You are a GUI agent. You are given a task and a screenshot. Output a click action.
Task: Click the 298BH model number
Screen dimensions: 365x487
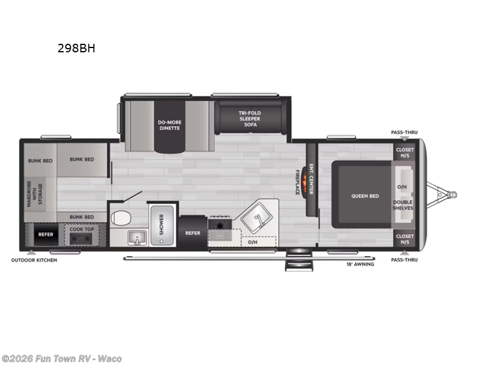pyautogui.click(x=76, y=48)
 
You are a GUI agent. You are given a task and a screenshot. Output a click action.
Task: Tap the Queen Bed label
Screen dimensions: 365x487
pyautogui.click(x=365, y=196)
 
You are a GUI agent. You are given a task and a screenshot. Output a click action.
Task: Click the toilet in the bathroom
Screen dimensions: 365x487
pyautogui.click(x=121, y=217)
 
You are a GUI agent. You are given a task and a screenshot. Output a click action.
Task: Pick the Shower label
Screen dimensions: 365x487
pyautogui.click(x=162, y=224)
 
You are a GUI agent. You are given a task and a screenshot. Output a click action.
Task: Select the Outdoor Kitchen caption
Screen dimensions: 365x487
pyautogui.click(x=34, y=260)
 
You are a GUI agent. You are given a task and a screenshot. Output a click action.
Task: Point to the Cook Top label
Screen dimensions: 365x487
pyautogui.click(x=81, y=229)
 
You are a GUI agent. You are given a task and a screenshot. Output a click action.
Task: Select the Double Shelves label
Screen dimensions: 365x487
pyautogui.click(x=403, y=205)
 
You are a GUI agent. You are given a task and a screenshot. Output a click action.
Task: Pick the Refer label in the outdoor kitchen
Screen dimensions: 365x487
pyautogui.click(x=46, y=234)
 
